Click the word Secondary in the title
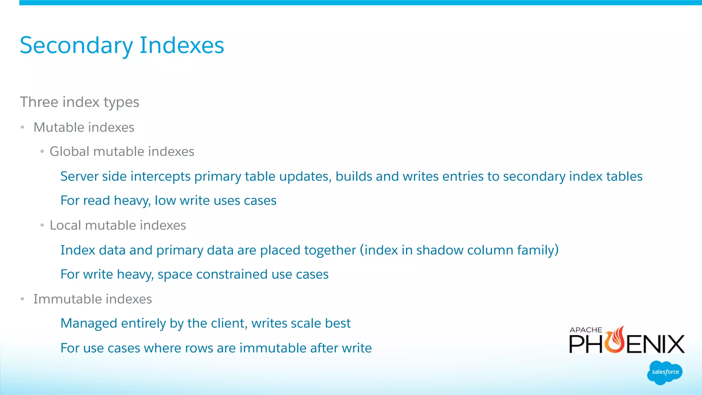click(x=76, y=46)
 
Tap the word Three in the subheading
click(x=39, y=102)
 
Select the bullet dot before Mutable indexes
click(x=22, y=127)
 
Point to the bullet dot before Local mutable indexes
click(x=42, y=225)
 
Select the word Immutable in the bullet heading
click(x=63, y=299)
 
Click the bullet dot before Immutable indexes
click(x=22, y=299)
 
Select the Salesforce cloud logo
click(x=665, y=372)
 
